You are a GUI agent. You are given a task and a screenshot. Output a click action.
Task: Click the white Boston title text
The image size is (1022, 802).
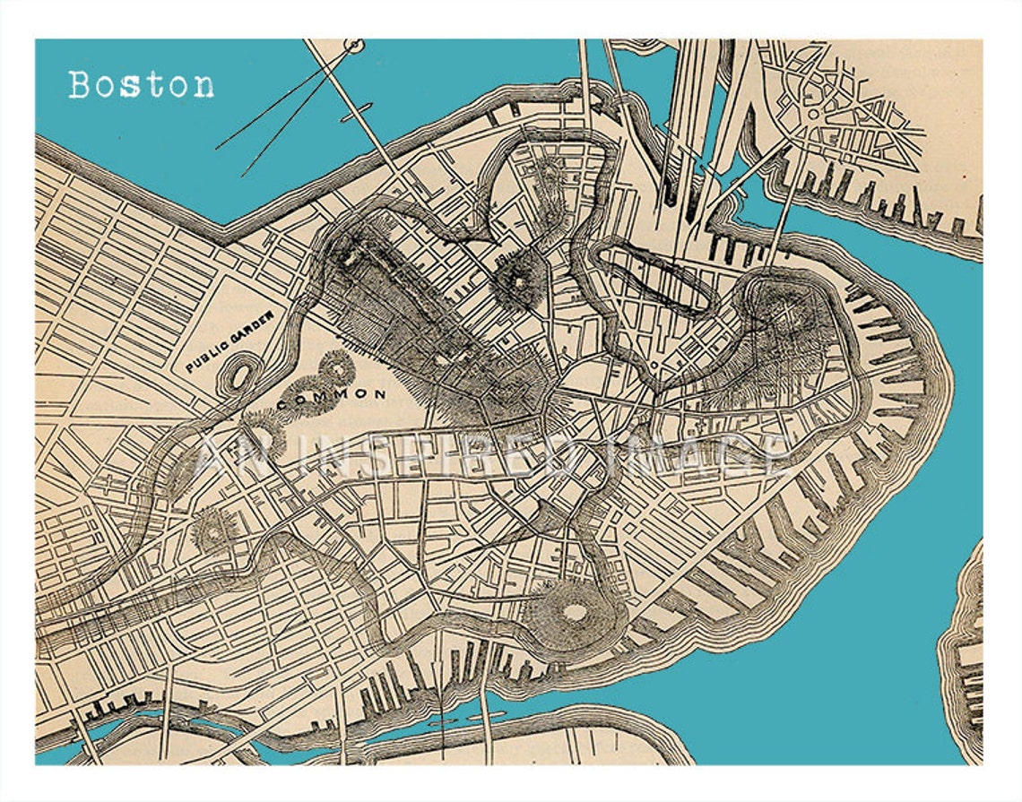142,85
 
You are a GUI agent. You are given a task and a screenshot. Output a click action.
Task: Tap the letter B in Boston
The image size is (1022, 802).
80,85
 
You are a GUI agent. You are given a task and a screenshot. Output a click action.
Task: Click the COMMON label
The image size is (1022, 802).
332,393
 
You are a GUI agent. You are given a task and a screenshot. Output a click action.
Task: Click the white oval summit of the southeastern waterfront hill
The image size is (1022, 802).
574,613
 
